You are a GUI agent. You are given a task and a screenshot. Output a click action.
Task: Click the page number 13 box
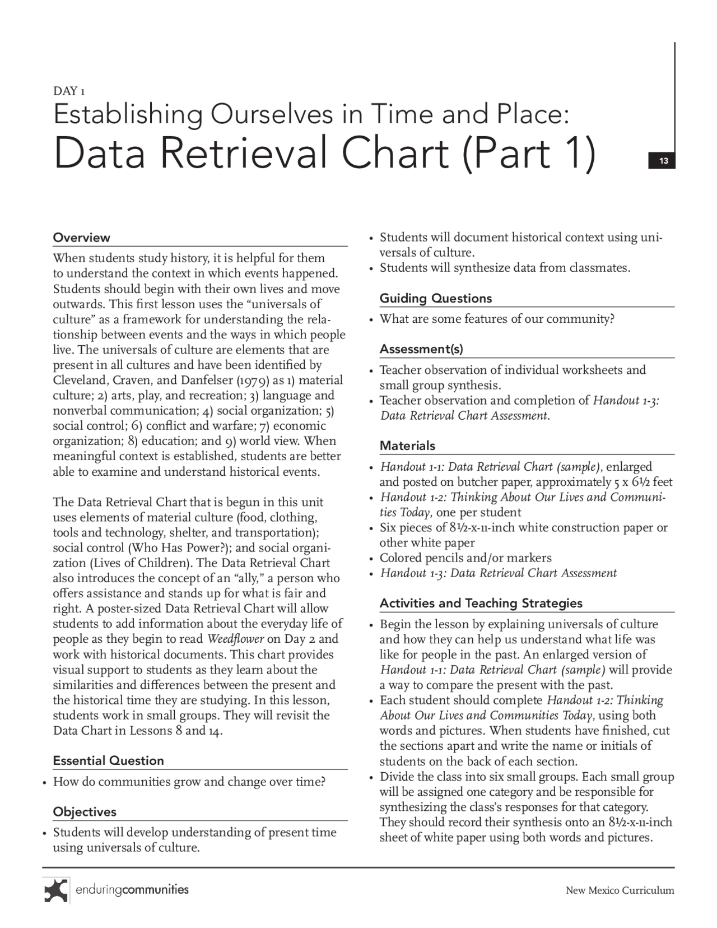click(x=663, y=161)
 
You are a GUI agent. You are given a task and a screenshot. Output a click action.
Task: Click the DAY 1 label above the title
click(x=69, y=91)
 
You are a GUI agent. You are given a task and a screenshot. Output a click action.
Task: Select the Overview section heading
click(x=82, y=238)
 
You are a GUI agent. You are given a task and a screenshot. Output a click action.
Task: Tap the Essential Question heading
click(x=109, y=760)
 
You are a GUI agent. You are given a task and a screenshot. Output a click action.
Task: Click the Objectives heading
click(x=85, y=811)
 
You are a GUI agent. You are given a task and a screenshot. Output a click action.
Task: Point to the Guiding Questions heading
click(x=436, y=298)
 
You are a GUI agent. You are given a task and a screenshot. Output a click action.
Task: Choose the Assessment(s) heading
click(x=421, y=349)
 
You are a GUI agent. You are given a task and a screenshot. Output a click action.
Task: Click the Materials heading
click(x=407, y=446)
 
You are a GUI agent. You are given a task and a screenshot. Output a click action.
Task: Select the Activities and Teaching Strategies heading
click(x=481, y=603)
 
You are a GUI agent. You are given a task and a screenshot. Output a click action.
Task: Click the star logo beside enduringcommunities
click(x=56, y=890)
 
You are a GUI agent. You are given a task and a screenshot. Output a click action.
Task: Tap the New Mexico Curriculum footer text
click(x=620, y=890)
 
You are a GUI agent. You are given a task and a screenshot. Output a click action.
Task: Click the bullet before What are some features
click(x=371, y=320)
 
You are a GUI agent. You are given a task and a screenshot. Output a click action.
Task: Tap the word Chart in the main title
click(x=395, y=154)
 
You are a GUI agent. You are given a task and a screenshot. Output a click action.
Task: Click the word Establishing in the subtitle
click(x=127, y=115)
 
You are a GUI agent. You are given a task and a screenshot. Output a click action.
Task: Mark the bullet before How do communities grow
click(x=45, y=782)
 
